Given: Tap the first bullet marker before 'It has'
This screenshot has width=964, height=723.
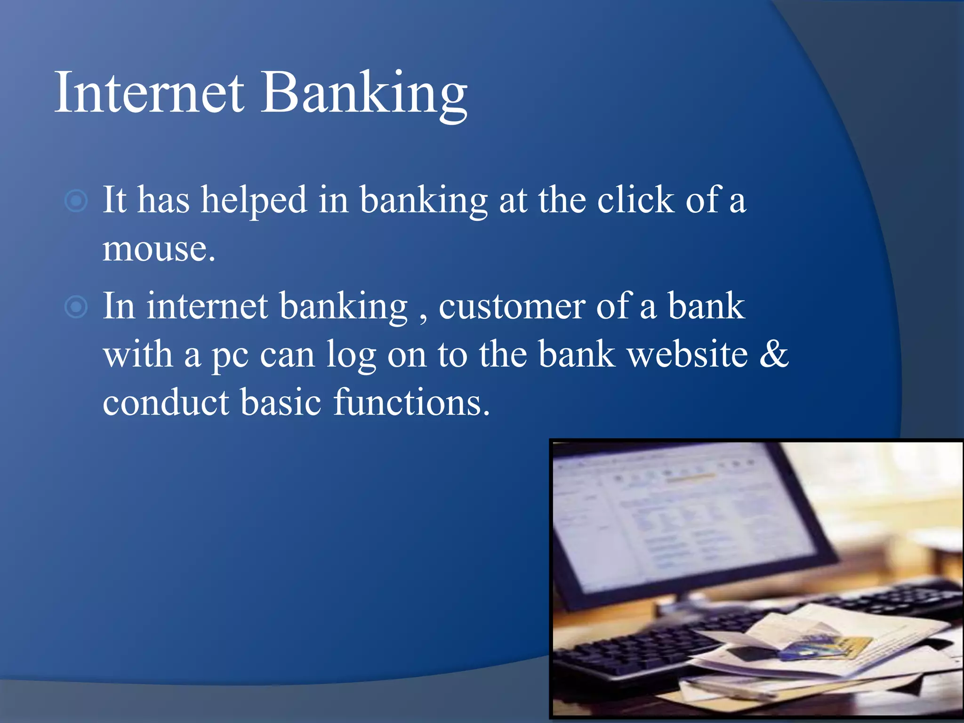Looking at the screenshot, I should tap(76, 201).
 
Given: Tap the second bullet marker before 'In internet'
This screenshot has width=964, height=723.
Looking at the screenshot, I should tap(76, 307).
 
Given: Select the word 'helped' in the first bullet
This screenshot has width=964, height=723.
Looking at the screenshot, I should tap(254, 201).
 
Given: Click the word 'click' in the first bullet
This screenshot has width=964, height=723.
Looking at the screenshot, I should tap(635, 200).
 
